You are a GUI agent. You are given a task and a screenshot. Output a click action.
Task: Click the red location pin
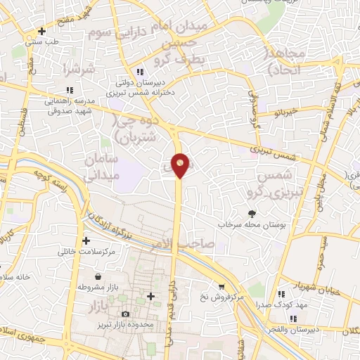181,165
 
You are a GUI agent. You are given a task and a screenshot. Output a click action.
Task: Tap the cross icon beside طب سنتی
42,32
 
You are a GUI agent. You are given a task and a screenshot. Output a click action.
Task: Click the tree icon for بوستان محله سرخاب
252,214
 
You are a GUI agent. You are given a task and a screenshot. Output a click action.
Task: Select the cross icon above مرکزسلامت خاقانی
86,240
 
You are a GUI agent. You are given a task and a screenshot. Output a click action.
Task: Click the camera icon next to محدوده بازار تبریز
126,314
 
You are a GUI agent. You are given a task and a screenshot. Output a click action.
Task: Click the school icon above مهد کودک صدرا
281,295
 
